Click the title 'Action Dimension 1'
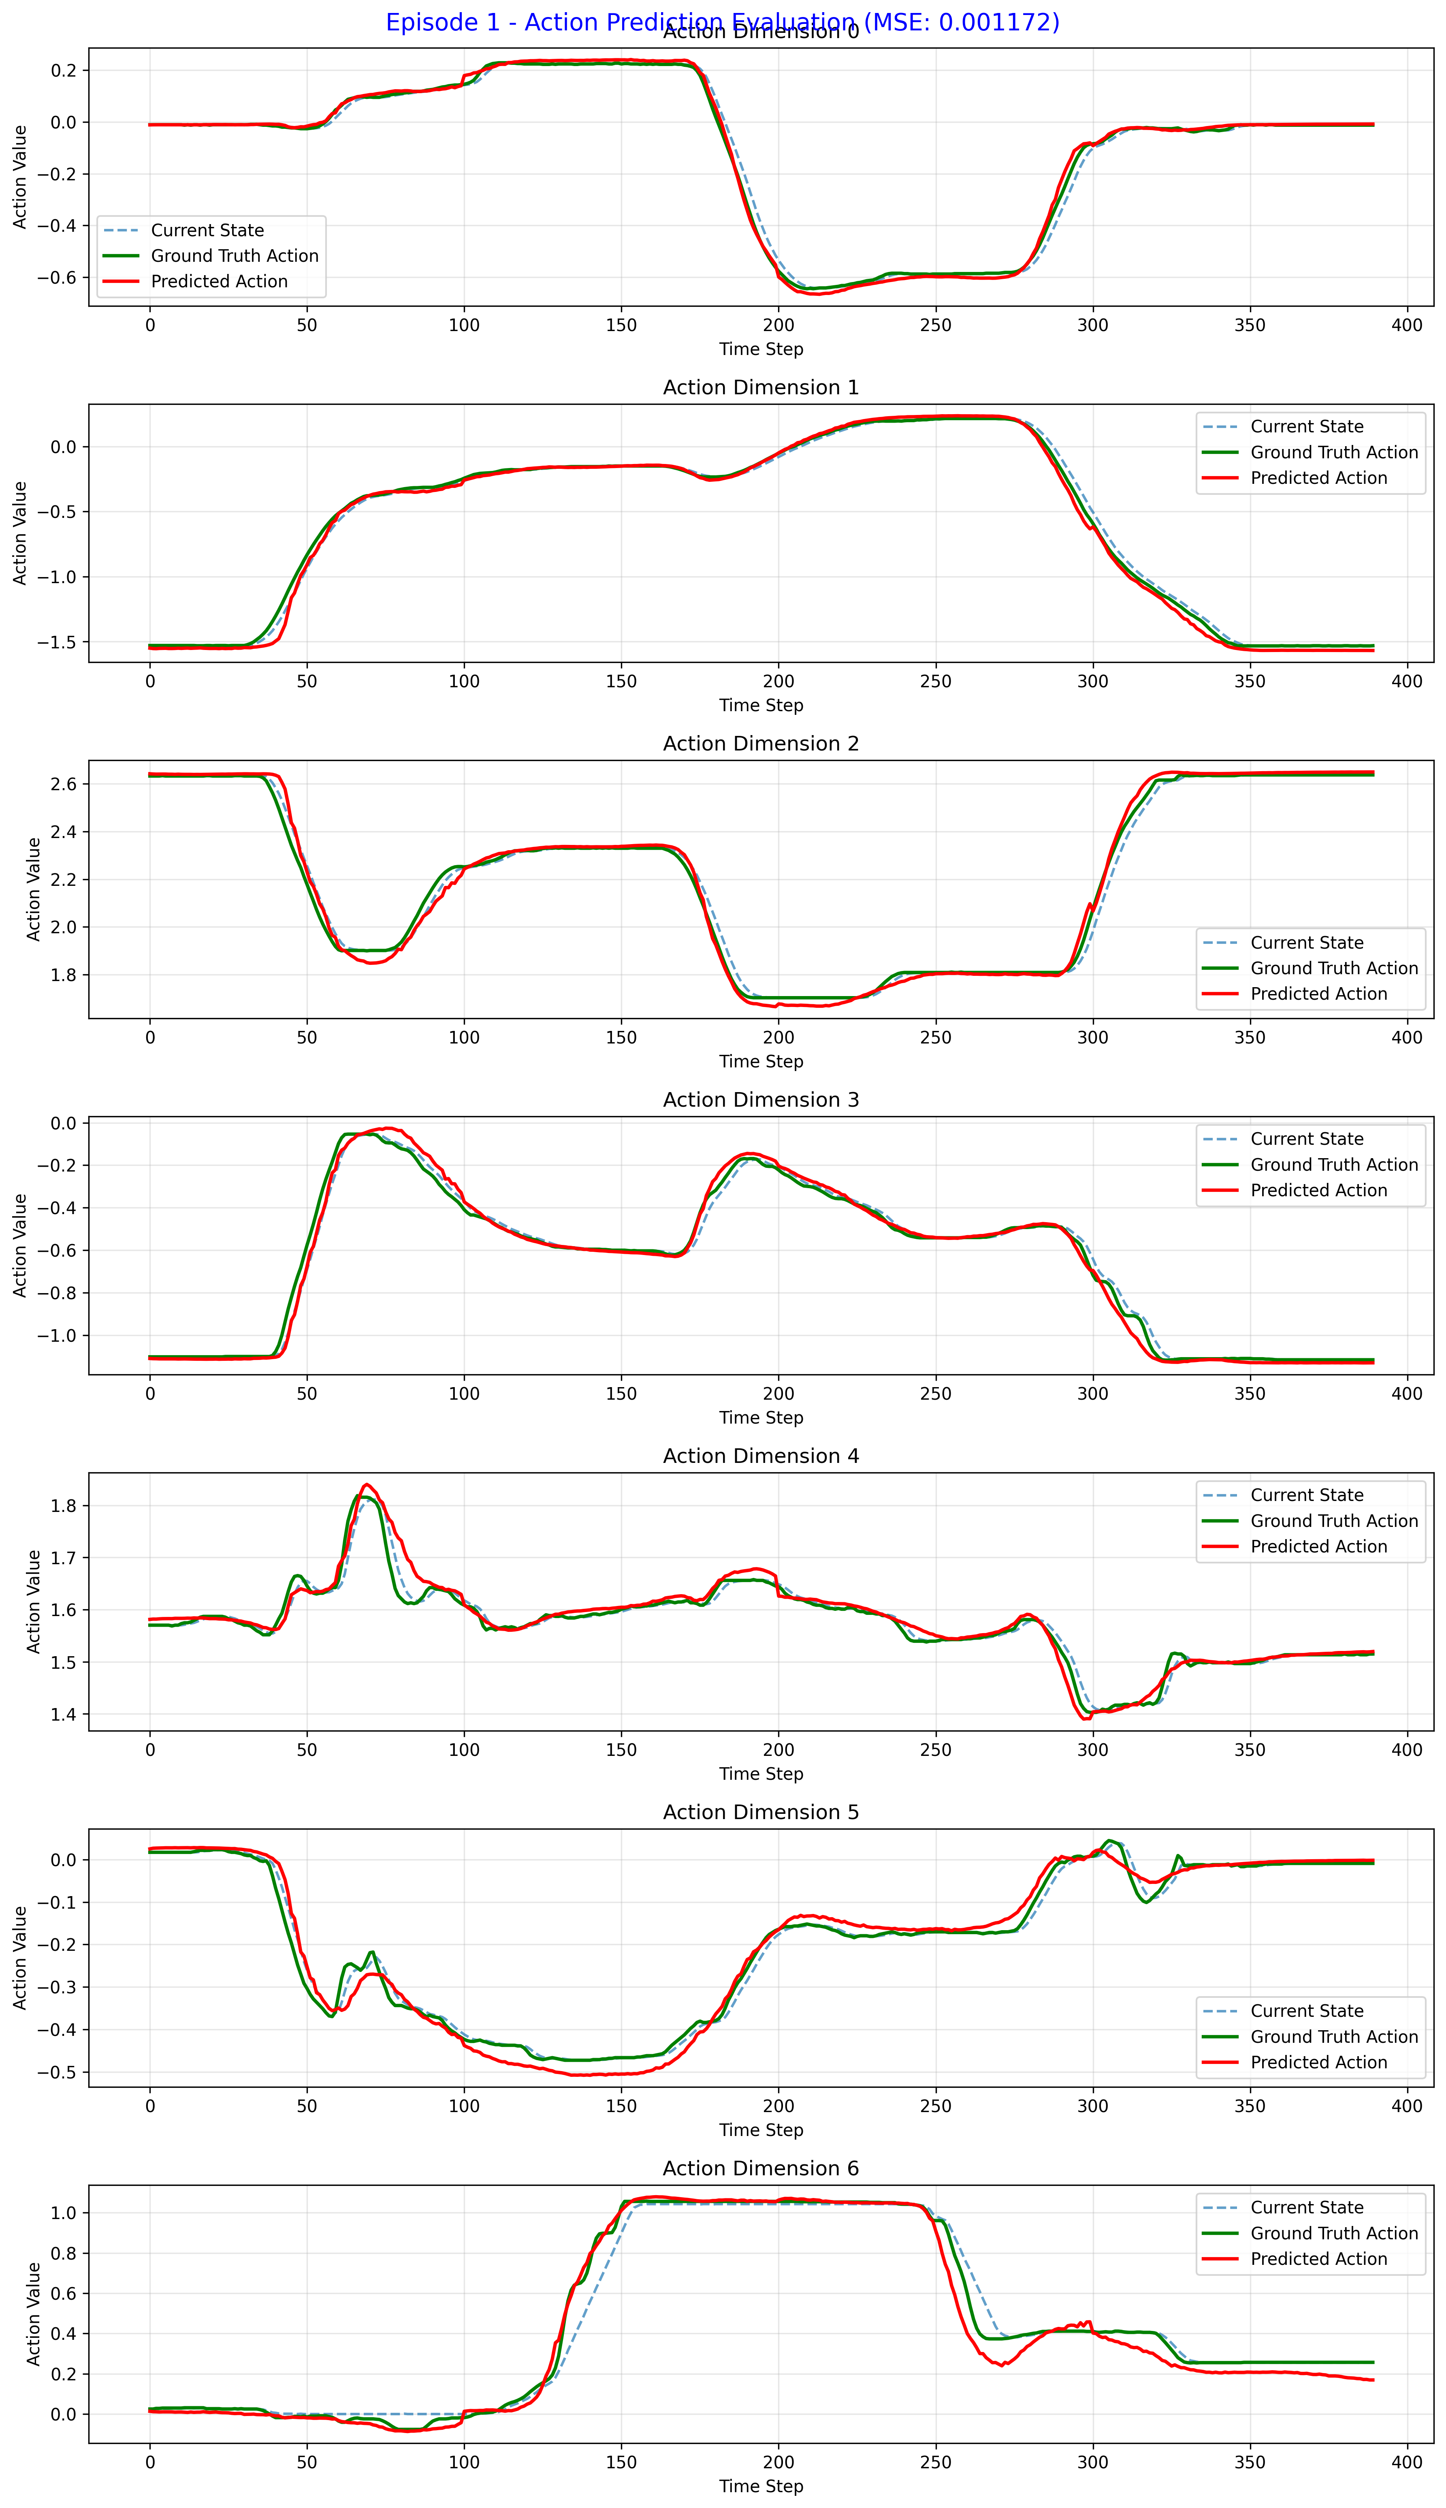click(761, 387)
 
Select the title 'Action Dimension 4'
click(761, 1456)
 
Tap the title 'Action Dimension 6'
click(761, 2168)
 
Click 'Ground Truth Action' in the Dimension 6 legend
click(1334, 2233)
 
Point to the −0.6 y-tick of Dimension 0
click(57, 277)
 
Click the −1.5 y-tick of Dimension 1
click(57, 641)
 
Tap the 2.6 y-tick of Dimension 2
click(64, 784)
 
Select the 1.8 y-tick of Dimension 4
click(64, 1506)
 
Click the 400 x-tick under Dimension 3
click(1406, 1394)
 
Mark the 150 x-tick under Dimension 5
click(621, 2106)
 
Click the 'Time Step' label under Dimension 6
click(761, 2486)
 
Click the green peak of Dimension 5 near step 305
click(1110, 1841)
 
